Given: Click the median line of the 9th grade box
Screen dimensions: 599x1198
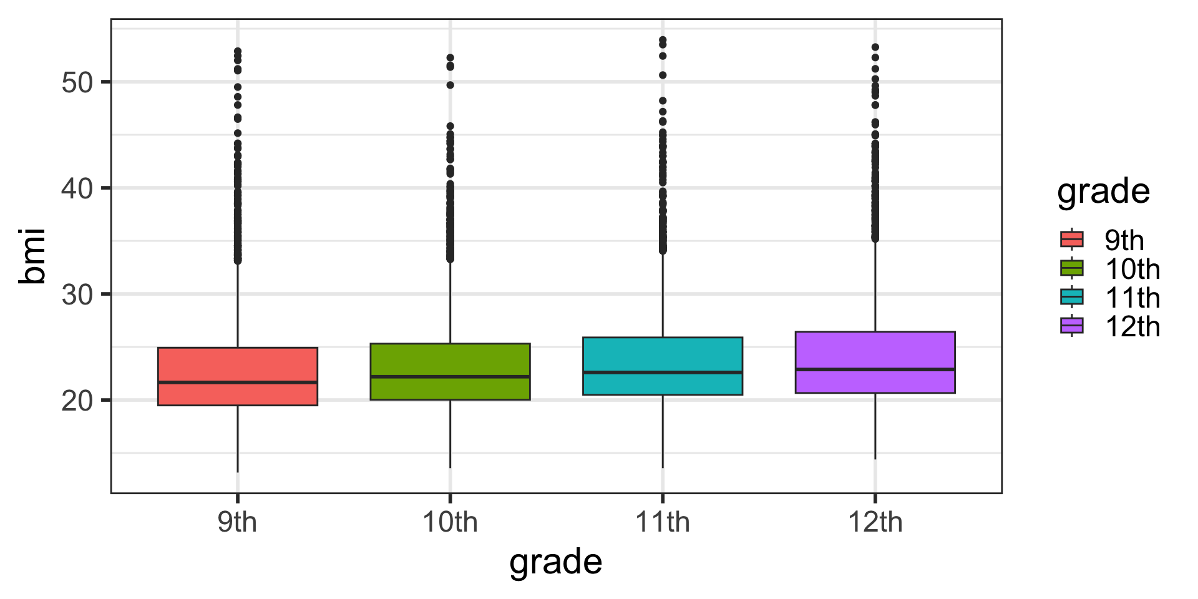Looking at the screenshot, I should pyautogui.click(x=238, y=382).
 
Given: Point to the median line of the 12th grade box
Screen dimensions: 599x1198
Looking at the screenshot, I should pyautogui.click(x=875, y=369).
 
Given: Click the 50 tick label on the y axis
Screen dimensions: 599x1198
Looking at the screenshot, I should pyautogui.click(x=77, y=82).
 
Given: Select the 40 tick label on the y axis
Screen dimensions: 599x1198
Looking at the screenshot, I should pyautogui.click(x=77, y=188).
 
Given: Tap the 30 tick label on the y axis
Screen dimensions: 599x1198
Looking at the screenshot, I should pyautogui.click(x=77, y=295).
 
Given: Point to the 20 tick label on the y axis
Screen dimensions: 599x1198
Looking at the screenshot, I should pyautogui.click(x=77, y=401).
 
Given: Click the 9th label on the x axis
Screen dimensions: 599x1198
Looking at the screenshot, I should pyautogui.click(x=237, y=522).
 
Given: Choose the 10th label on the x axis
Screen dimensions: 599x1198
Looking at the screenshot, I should pyautogui.click(x=450, y=522).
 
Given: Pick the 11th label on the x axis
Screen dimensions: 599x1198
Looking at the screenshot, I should pyautogui.click(x=663, y=522).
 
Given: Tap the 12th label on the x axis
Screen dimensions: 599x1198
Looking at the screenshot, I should pyautogui.click(x=875, y=522).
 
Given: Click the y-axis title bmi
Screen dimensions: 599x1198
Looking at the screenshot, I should pyautogui.click(x=32, y=256).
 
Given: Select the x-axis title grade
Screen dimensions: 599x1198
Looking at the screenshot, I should pyautogui.click(x=555, y=562).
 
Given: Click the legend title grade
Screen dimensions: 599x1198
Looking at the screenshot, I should pyautogui.click(x=1103, y=192).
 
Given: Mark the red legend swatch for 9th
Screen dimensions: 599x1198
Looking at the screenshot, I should pyautogui.click(x=1072, y=240).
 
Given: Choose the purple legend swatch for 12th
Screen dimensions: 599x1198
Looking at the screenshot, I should pyautogui.click(x=1072, y=326).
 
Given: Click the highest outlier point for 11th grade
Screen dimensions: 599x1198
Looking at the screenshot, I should pyautogui.click(x=663, y=40).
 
